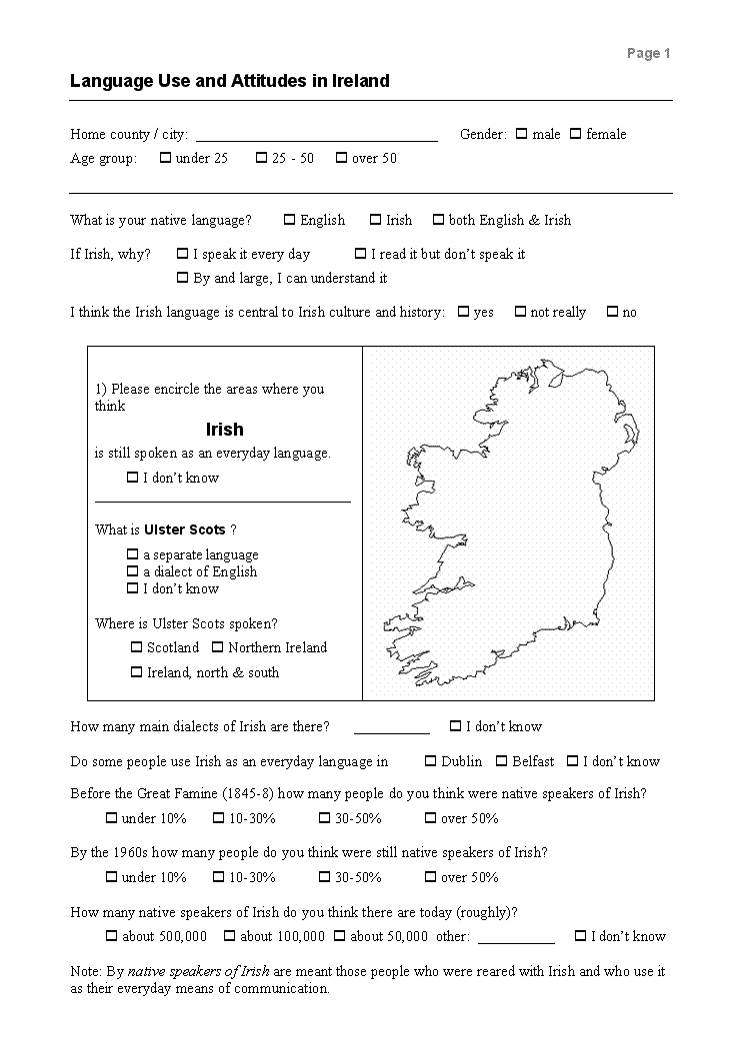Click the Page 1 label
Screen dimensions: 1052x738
pyautogui.click(x=648, y=54)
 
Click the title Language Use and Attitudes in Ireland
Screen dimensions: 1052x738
pyautogui.click(x=229, y=81)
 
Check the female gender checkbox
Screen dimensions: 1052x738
pyautogui.click(x=575, y=134)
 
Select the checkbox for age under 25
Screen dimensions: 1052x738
pyautogui.click(x=165, y=158)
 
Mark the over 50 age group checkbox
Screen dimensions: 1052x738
pyautogui.click(x=341, y=158)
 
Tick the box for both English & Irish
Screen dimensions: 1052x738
pyautogui.click(x=438, y=220)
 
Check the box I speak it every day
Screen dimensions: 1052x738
pyautogui.click(x=182, y=254)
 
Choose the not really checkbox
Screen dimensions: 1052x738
pyautogui.click(x=520, y=312)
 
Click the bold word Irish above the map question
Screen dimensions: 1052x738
pyautogui.click(x=224, y=430)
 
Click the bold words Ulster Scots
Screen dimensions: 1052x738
pyautogui.click(x=185, y=529)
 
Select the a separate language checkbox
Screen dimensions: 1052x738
pyautogui.click(x=132, y=554)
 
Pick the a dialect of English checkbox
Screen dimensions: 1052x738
pyautogui.click(x=132, y=571)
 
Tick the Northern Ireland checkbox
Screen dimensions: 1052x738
pyautogui.click(x=217, y=647)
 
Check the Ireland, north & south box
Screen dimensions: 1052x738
pyautogui.click(x=136, y=672)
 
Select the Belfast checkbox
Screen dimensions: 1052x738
pyautogui.click(x=502, y=761)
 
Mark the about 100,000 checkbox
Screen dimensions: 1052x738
pyautogui.click(x=229, y=936)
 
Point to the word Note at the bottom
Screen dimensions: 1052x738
pyautogui.click(x=85, y=971)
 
